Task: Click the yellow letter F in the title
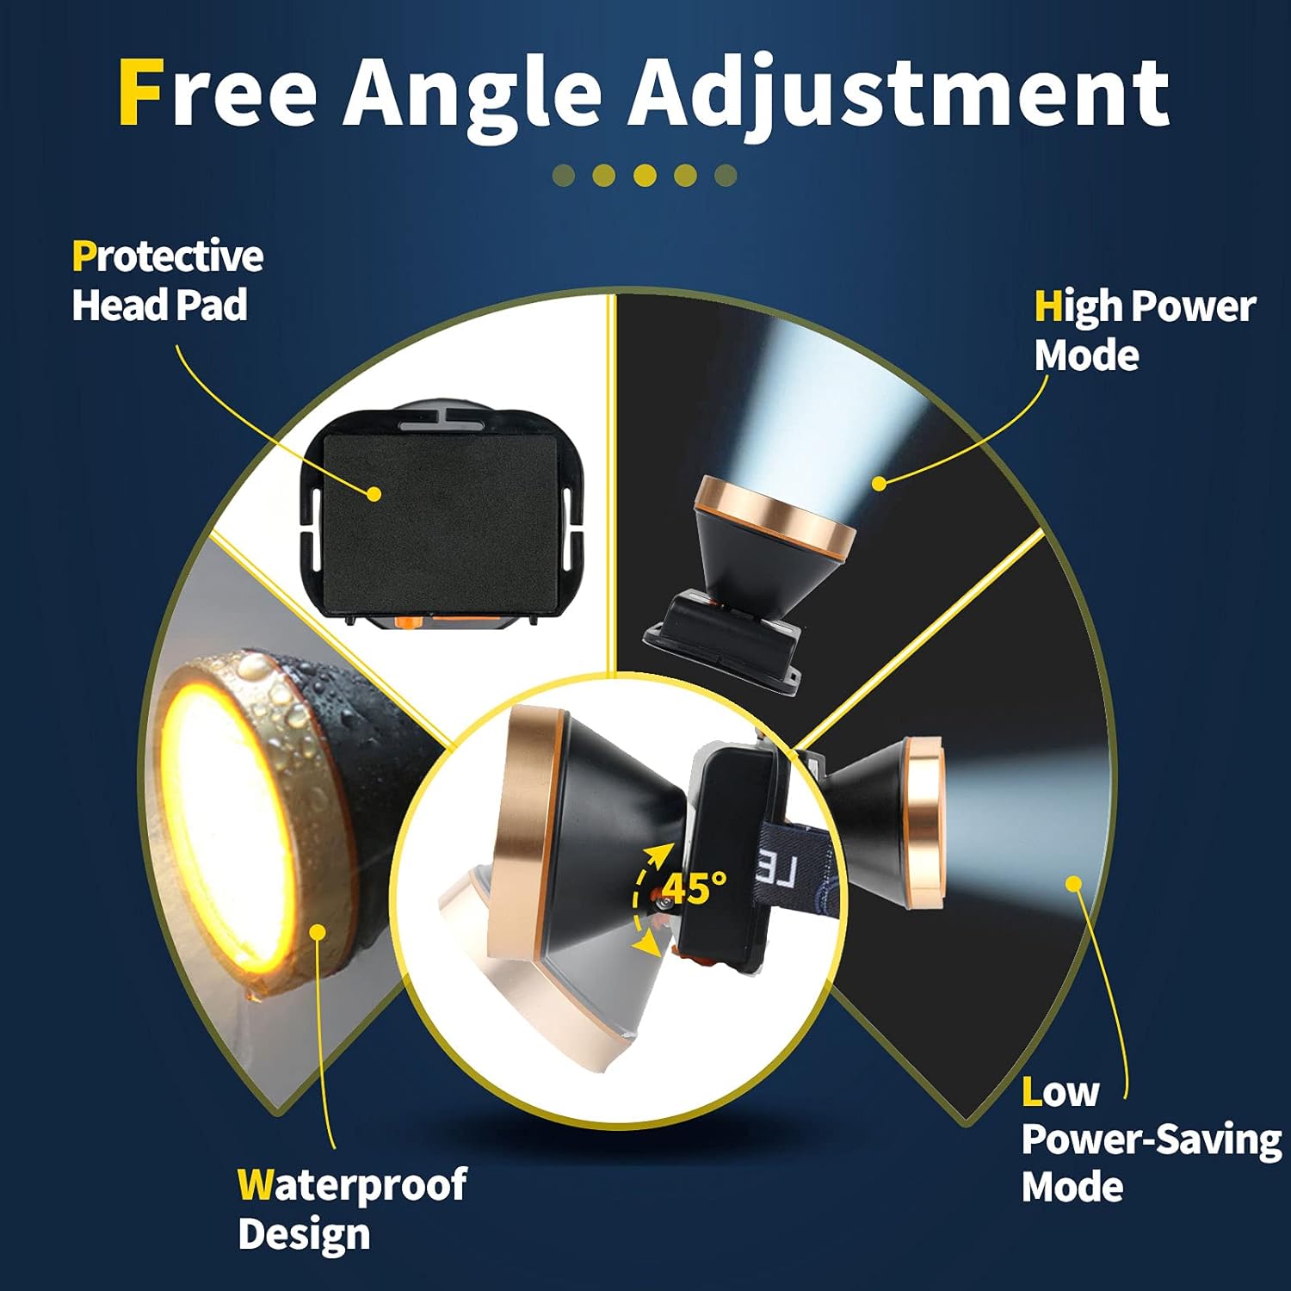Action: pos(140,92)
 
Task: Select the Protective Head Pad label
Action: pos(168,281)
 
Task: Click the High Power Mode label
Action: pos(1145,330)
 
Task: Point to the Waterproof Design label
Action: pos(352,1209)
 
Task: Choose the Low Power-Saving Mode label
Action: pos(1152,1140)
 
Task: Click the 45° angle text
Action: pos(695,887)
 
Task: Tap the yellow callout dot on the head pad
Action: pos(374,494)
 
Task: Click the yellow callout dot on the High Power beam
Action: pos(879,484)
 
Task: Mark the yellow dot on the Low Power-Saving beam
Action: pos(1073,883)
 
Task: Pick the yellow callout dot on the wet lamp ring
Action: pos(318,932)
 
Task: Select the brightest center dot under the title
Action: pos(645,176)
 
